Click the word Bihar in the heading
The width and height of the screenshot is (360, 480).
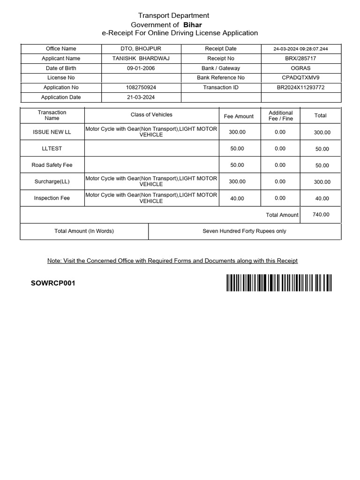[192, 24]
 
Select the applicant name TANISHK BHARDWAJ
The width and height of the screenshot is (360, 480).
[141, 59]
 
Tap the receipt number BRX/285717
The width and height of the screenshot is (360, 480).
[300, 59]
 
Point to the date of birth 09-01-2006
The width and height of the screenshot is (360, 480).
[141, 68]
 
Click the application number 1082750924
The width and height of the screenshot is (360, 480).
[141, 88]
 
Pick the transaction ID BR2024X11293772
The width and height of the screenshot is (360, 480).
[300, 88]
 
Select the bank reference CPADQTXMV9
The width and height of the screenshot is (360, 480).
[300, 78]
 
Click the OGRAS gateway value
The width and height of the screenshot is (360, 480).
[300, 68]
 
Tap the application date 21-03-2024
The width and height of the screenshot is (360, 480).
[141, 97]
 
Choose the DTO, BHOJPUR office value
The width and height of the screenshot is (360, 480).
[141, 49]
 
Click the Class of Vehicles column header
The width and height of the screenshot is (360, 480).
[151, 115]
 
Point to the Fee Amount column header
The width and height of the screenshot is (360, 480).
[239, 116]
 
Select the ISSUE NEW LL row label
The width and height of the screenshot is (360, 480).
[52, 132]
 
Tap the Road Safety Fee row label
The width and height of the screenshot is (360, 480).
[52, 165]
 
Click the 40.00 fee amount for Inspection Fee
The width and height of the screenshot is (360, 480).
[237, 198]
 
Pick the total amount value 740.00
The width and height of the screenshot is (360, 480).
[321, 215]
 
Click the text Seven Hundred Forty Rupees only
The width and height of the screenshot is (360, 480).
[244, 231]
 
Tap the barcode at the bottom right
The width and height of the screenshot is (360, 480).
[278, 283]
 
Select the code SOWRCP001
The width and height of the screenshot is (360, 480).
[53, 283]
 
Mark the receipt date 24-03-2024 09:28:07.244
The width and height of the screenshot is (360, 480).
[301, 49]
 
